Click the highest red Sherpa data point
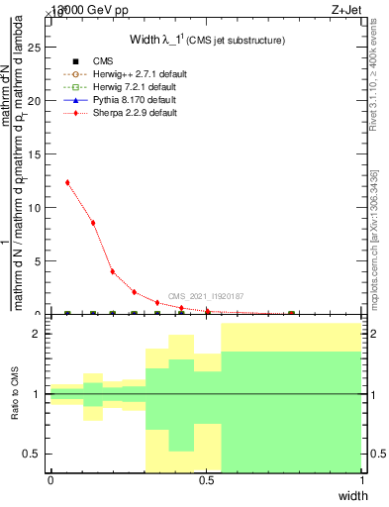tap(67, 182)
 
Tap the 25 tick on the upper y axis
tap(39, 47)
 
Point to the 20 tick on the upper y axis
tap(39, 100)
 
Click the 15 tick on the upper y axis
tap(39, 153)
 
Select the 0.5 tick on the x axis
tap(206, 480)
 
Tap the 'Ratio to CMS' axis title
tap(15, 394)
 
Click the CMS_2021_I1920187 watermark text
tap(205, 296)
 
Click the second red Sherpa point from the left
tap(93, 223)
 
